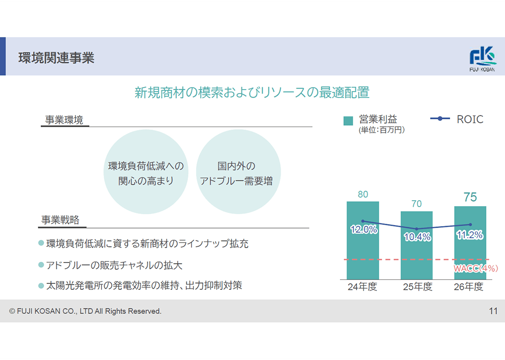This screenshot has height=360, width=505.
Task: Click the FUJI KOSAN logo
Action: tap(483, 59)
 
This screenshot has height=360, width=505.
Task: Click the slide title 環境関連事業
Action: tap(56, 58)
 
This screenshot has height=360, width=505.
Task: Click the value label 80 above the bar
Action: tap(363, 195)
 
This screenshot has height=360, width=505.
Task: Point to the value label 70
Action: tap(416, 204)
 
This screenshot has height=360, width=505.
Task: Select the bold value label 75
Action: tap(470, 197)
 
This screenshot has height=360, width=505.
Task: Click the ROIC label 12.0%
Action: tap(363, 230)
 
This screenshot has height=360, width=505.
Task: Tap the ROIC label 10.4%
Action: tap(417, 237)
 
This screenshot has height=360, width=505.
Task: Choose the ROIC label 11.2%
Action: tap(470, 235)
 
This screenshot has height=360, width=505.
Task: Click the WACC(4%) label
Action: tap(476, 268)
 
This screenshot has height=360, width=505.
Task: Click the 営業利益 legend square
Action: tap(348, 121)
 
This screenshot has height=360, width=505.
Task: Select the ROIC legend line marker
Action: tap(440, 119)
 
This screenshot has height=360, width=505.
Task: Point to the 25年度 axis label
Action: tap(417, 287)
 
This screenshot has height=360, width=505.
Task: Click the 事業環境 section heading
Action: tap(64, 120)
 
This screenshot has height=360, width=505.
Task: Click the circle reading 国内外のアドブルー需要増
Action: tap(238, 172)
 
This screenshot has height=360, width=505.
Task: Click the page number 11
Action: tap(493, 311)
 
